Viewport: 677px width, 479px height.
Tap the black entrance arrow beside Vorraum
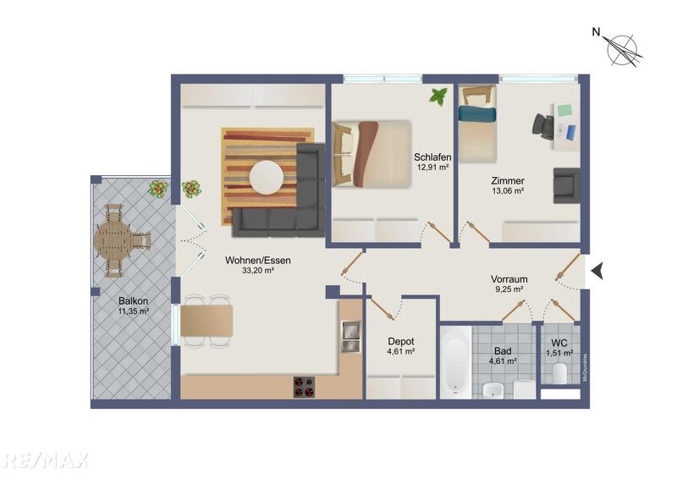click(x=597, y=271)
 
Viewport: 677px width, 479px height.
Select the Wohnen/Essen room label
click(x=257, y=261)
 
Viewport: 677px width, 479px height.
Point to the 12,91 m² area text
click(x=432, y=168)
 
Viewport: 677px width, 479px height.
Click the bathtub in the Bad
click(x=456, y=362)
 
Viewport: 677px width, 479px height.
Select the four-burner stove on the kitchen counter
click(x=305, y=387)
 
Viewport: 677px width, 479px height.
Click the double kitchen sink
click(x=350, y=336)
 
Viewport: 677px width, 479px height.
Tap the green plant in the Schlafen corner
click(x=438, y=96)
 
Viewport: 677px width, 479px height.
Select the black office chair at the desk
click(x=543, y=124)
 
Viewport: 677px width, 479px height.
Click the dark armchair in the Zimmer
click(x=565, y=185)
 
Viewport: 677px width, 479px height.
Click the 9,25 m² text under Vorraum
click(x=509, y=289)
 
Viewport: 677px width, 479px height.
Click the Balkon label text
click(x=133, y=300)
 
